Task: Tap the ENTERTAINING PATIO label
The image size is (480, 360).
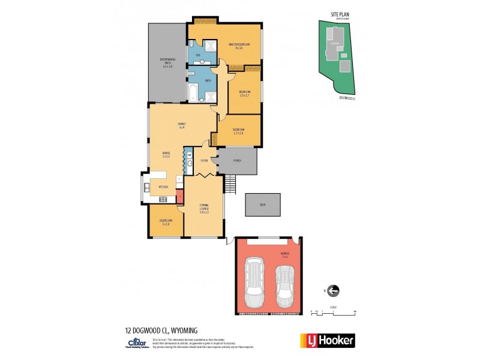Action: pos(167,62)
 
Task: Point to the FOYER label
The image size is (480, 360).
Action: pos(204,161)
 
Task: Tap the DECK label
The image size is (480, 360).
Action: pos(262,205)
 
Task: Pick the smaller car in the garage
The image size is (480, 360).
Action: pos(284,286)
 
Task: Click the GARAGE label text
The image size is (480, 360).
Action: pos(285,254)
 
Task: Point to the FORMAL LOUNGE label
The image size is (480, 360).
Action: pos(204,208)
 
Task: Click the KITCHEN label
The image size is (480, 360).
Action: pos(163,187)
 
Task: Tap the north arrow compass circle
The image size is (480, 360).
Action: pos(333,291)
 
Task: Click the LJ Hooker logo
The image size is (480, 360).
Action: pos(327,340)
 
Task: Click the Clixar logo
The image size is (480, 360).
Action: pos(135,343)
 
